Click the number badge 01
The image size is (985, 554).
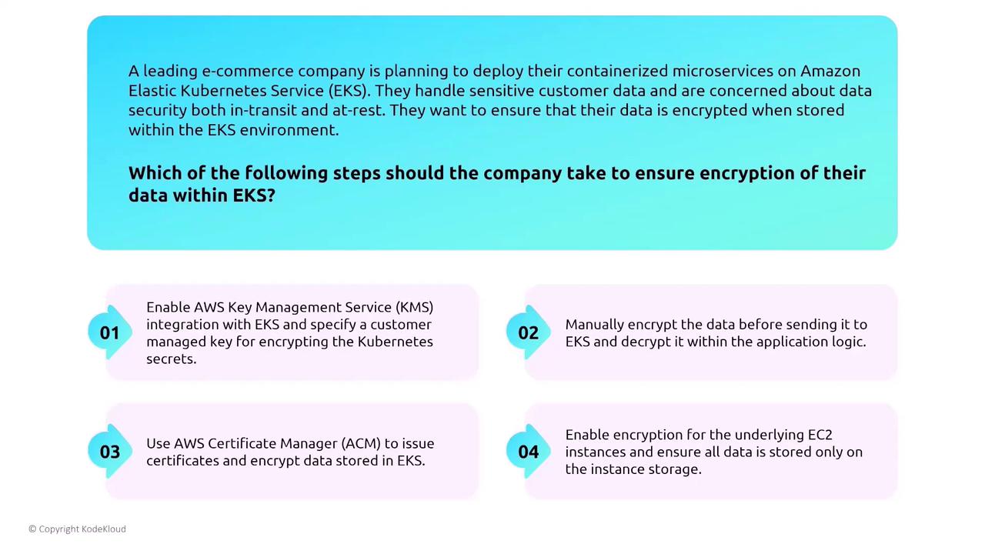[x=110, y=332]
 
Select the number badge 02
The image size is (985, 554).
[x=528, y=332]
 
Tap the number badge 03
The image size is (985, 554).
[x=110, y=452]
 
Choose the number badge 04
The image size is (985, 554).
[x=528, y=452]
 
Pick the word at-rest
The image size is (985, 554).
[x=359, y=110]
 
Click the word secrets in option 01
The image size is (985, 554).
[x=171, y=359]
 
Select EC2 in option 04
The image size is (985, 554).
[x=820, y=435]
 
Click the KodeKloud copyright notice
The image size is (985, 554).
[x=78, y=529]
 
